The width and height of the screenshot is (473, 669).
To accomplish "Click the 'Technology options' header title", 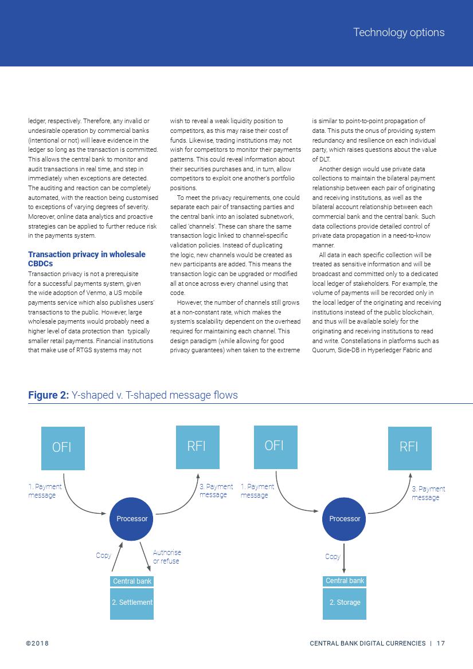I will coord(398,33).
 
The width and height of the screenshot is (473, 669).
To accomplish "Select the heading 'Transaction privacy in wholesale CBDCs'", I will coord(87,259).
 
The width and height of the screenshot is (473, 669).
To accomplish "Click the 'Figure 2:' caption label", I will coord(49,395).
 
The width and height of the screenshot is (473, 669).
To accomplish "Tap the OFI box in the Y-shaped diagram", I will coord(62,448).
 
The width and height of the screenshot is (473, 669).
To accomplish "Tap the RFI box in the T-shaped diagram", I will coord(409,447).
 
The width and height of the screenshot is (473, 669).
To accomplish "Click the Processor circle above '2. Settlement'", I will coord(132,519).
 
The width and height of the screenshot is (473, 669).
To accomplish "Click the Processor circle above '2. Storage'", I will coord(345,519).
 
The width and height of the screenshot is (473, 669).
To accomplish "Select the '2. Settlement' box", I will coord(132,603).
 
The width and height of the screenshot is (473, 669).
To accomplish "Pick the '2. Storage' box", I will coord(345,603).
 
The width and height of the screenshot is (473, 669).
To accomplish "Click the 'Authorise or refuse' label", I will coord(167,557).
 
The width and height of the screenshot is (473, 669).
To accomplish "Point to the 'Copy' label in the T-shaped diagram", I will coord(333,556).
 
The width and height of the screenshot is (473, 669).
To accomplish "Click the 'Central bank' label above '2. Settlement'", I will coord(132,581).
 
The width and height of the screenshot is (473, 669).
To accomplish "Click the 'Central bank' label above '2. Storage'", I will coord(345,581).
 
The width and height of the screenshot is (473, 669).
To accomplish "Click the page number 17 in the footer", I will coord(441,643).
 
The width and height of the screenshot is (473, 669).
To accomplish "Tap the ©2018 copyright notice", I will coord(37,643).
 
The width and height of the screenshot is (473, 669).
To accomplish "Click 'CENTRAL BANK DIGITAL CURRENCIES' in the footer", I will coord(368,643).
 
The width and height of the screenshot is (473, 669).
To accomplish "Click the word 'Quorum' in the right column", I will coord(323,350).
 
